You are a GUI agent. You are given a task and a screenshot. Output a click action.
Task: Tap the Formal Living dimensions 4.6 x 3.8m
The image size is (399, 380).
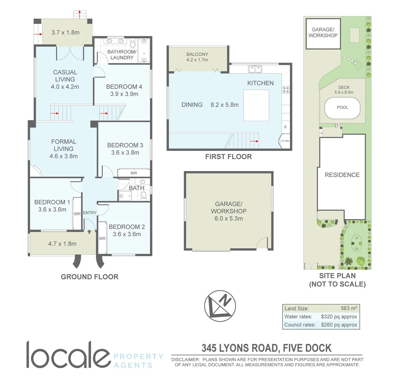tap(64, 156)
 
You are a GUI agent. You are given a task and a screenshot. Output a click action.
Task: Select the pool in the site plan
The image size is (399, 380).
tap(342, 107)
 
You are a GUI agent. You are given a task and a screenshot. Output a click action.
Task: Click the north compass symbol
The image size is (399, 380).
tap(220, 304)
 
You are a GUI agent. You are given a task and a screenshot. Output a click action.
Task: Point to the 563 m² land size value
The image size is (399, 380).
tap(349, 308)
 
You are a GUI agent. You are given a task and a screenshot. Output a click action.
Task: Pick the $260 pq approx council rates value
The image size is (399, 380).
tap(339, 325)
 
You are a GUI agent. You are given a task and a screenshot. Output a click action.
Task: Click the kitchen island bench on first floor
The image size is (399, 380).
tap(256, 105)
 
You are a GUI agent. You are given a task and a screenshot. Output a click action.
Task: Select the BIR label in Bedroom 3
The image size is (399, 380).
tap(134, 173)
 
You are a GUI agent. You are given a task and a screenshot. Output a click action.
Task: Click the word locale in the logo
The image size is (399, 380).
tap(67, 355)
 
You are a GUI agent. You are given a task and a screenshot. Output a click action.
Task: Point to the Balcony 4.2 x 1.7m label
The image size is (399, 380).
tap(197, 57)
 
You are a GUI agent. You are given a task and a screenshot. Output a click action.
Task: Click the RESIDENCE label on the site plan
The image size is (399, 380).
tap(342, 175)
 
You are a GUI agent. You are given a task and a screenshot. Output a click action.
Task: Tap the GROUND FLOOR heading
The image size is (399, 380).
tap(90, 277)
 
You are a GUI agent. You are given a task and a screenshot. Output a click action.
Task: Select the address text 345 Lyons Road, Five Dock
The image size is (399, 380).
tap(266, 348)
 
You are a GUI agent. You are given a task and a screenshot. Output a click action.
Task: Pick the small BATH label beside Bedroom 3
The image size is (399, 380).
tap(136, 188)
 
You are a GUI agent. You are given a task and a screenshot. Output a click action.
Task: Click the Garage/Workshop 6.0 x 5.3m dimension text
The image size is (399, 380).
tap(229, 218)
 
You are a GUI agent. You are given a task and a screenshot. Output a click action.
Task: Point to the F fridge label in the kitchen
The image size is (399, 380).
tap(285, 127)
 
